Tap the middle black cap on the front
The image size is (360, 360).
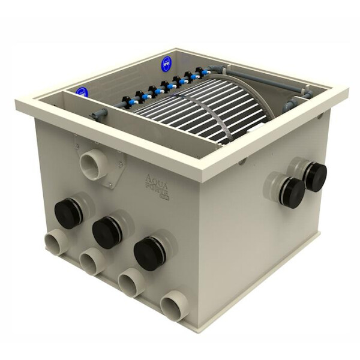(x=106, y=231)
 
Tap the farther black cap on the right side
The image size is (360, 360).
(x=314, y=176)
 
